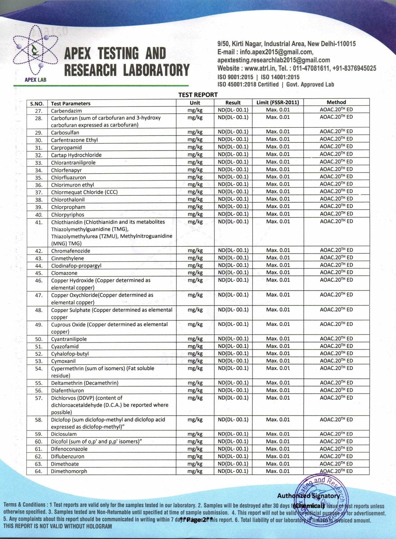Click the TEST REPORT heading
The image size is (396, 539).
(198, 95)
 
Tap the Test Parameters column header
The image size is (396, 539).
(71, 104)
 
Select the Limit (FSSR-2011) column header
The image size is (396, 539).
(278, 102)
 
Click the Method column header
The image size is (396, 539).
(336, 102)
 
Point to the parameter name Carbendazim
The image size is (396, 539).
(66, 111)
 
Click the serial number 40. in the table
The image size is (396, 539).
(38, 215)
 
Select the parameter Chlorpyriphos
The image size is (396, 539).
(67, 215)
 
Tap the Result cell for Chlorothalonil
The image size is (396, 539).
(233, 199)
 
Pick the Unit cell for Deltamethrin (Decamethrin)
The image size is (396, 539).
(195, 383)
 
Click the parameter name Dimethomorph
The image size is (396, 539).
(69, 471)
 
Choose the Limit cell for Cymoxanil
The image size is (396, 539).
(278, 361)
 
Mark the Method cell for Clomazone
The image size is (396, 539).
(336, 272)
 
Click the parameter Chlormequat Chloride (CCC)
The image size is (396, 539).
(84, 192)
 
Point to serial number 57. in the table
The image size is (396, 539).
(38, 398)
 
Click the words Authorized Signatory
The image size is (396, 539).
(308, 496)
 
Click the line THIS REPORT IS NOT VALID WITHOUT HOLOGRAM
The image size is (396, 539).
(58, 527)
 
